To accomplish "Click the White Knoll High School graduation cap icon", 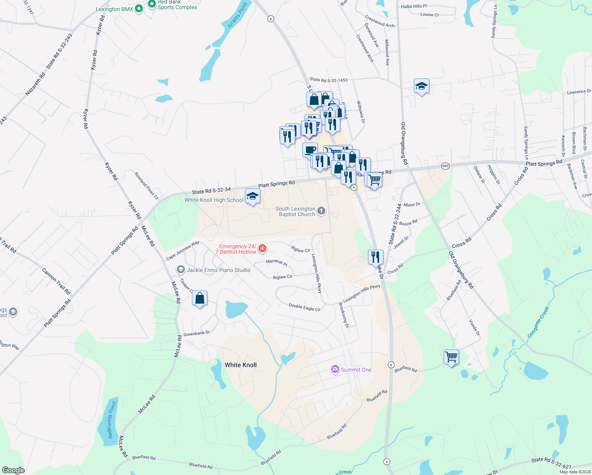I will tap(252, 196).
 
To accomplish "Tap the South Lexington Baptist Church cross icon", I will tap(321, 211).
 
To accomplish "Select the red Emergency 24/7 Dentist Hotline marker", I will tap(262, 249).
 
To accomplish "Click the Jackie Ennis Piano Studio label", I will tap(218, 270).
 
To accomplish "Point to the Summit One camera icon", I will tap(335, 369).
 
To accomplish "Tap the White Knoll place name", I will tap(241, 365).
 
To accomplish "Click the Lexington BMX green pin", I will tap(139, 8).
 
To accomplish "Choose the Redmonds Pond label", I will tap(112, 420).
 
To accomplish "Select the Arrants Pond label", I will tap(237, 15).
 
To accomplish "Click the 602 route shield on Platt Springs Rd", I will tap(445, 166).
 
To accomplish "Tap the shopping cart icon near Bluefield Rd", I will tap(451, 357).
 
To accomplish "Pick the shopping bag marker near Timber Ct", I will tap(199, 298).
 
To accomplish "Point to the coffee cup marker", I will tap(310, 150).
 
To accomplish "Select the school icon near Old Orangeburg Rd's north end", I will tap(421, 85).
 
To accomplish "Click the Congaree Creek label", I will tap(538, 323).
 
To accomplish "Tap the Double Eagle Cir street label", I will tap(304, 307).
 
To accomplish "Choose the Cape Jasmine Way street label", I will tap(182, 251).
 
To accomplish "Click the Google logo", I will tap(13, 470).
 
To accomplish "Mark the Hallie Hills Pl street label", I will tap(414, 6).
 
